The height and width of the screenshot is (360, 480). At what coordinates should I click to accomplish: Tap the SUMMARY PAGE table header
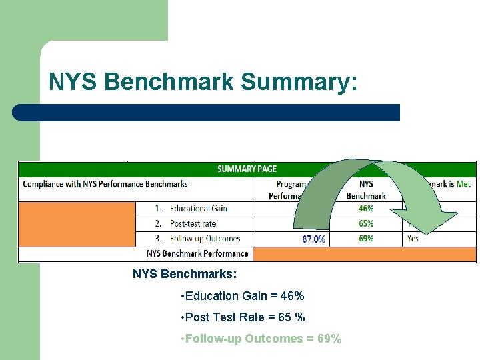tap(247, 169)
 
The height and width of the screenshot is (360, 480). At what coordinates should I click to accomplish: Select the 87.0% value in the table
tap(313, 239)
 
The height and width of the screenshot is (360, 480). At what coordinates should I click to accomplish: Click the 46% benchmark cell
tap(366, 209)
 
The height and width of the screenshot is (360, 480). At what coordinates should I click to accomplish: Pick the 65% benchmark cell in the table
tap(366, 223)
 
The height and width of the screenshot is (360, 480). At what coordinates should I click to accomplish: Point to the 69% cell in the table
tap(366, 238)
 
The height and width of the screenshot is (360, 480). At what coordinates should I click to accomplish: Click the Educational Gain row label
tap(199, 209)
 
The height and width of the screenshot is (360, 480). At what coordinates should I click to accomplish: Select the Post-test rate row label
tap(193, 223)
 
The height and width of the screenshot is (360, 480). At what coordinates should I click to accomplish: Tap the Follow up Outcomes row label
tap(205, 238)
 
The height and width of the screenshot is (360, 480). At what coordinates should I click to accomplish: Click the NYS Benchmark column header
tap(366, 189)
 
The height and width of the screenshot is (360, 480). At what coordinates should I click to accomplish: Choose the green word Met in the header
tap(463, 184)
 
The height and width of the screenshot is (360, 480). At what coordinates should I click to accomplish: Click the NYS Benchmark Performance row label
tap(197, 253)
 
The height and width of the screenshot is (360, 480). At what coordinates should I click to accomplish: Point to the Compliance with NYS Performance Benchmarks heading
tap(105, 184)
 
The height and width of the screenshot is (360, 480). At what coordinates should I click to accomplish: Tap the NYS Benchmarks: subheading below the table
tap(185, 274)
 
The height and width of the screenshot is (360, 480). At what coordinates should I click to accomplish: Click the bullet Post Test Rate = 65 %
tap(244, 317)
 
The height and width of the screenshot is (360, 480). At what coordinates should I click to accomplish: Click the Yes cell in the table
tap(413, 238)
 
